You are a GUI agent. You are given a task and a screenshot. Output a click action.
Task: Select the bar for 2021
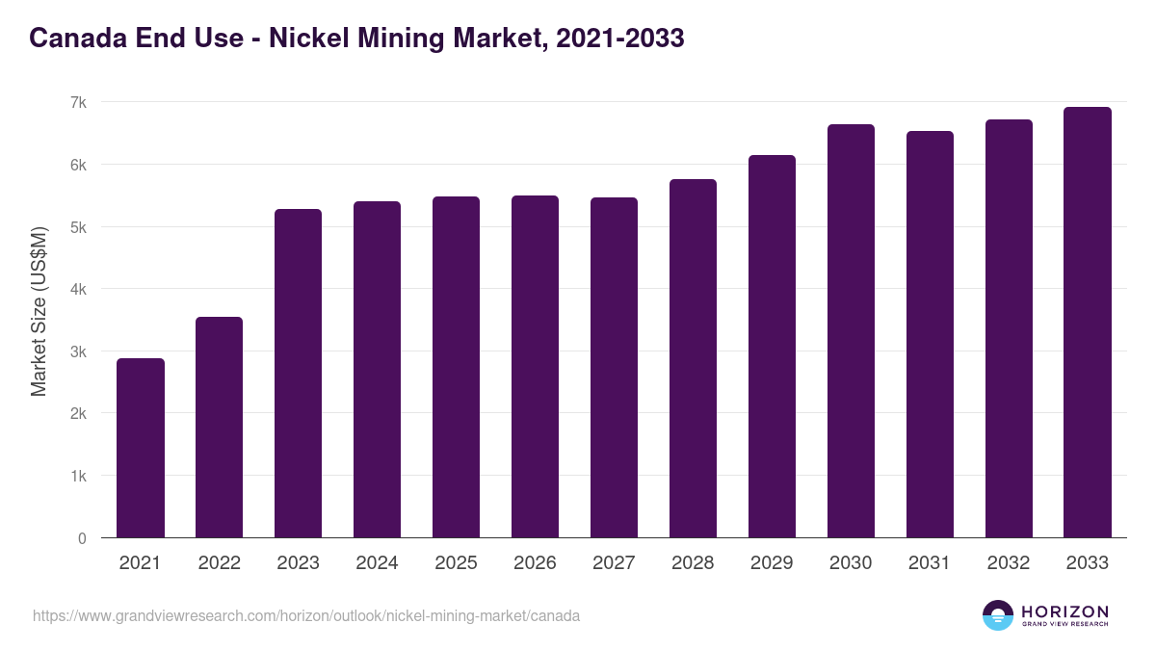tap(141, 448)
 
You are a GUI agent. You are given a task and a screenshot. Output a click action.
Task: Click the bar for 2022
tap(220, 428)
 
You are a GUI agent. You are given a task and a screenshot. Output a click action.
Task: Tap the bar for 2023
tap(299, 374)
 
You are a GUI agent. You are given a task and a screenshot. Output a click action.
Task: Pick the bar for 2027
tap(614, 368)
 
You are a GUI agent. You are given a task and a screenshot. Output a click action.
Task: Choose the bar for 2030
tap(851, 331)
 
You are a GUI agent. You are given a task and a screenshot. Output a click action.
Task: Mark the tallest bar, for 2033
tap(1088, 323)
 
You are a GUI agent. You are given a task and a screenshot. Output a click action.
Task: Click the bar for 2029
tap(772, 347)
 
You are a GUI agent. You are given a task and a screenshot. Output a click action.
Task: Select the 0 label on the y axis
tap(83, 538)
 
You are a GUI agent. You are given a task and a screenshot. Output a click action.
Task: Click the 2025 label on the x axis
tap(456, 563)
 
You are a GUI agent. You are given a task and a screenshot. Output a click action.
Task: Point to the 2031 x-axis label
tap(930, 563)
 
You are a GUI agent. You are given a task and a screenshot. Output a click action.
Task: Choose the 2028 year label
tap(693, 563)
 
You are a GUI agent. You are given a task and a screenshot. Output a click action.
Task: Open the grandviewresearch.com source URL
tap(306, 615)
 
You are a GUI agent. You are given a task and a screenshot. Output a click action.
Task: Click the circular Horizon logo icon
tap(998, 615)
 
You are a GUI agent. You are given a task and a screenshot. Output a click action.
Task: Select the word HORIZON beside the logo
tap(1064, 611)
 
